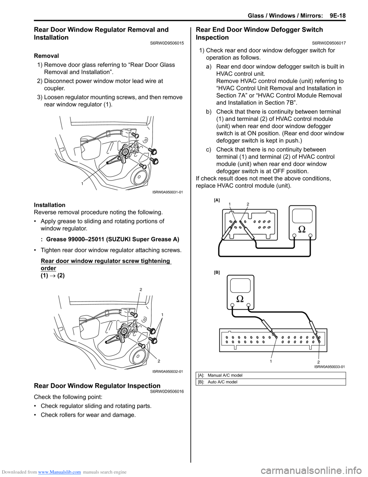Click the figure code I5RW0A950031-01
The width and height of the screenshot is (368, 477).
168,192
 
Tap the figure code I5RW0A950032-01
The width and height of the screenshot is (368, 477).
168,371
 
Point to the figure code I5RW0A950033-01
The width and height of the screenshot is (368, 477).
330,367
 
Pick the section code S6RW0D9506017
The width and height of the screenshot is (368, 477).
329,43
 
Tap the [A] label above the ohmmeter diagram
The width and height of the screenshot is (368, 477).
217,200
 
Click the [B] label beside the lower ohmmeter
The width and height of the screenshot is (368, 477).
217,272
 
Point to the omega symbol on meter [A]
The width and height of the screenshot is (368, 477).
302,229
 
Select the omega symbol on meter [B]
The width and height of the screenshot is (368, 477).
240,298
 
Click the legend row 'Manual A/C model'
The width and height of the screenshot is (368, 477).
225,375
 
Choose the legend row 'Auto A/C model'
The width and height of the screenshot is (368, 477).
222,382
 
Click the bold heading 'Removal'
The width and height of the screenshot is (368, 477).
46,56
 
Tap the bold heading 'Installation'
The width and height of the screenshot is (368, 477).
49,205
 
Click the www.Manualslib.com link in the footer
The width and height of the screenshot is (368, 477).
59,472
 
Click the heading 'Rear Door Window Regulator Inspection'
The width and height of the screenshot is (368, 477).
97,386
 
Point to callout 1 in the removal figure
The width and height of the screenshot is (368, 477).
82,184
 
